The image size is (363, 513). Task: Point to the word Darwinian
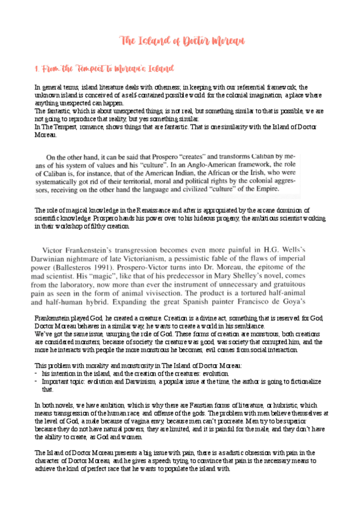(x=63, y=258)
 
